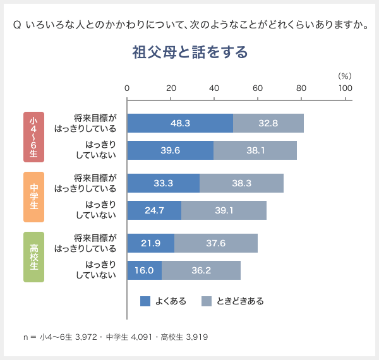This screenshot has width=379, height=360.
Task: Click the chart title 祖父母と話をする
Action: (189, 52)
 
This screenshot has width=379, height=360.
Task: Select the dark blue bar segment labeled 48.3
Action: (180, 123)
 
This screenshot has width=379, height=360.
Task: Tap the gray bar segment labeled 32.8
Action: (268, 123)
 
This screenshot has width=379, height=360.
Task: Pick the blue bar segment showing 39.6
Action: (171, 150)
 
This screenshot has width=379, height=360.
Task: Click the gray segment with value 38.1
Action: (255, 150)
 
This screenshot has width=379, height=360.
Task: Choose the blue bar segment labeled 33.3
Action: (164, 183)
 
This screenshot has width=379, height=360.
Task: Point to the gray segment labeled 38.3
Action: (241, 183)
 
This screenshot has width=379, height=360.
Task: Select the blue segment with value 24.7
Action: (154, 210)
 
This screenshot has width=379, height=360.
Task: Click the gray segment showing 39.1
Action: (224, 210)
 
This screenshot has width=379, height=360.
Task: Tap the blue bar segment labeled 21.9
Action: (151, 243)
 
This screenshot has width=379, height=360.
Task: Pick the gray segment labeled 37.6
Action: (216, 243)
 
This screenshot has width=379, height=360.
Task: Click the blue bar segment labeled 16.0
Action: (145, 270)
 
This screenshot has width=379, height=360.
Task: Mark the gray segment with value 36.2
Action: (201, 270)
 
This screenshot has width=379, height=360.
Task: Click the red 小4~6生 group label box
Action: (33, 136)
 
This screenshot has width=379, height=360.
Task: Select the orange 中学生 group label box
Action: (33, 196)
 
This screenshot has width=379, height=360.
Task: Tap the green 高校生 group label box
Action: (33, 256)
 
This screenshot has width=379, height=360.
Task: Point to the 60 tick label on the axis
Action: (258, 88)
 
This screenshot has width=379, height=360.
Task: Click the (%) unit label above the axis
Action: (344, 75)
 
